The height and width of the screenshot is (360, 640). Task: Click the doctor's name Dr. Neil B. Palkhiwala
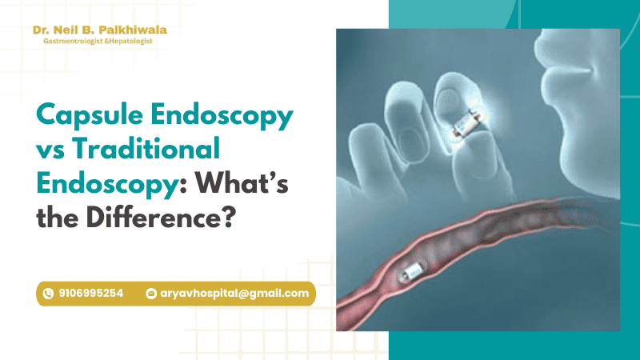[x=99, y=30]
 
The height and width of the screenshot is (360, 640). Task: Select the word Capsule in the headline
[x=90, y=115]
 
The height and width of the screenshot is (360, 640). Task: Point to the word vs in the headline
[x=50, y=151]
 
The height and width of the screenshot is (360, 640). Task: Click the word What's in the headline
[x=242, y=183]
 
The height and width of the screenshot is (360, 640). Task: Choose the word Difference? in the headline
[x=162, y=217]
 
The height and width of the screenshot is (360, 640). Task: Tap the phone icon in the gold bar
[x=48, y=294]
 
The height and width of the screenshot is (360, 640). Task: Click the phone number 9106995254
[x=90, y=293]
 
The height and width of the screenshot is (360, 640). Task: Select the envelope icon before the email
[x=151, y=294]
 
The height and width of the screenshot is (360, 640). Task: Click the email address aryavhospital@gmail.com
[x=234, y=294]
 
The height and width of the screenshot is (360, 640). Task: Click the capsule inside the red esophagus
[x=412, y=271]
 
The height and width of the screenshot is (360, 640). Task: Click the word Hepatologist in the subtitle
[x=130, y=42]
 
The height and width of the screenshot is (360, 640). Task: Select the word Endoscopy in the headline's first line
[x=222, y=115]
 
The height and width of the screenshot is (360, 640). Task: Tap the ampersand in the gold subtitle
[x=106, y=42]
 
